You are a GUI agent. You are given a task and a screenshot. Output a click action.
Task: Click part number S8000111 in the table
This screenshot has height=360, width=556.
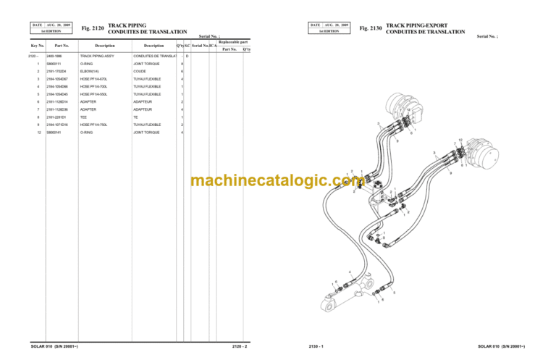coord(55,65)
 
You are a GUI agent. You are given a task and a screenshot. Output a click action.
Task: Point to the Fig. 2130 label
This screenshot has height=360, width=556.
coord(371,28)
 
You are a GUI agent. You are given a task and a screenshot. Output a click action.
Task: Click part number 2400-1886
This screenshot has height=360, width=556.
coord(54,56)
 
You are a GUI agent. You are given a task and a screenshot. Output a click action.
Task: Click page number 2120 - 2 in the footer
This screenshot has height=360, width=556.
coord(240,346)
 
